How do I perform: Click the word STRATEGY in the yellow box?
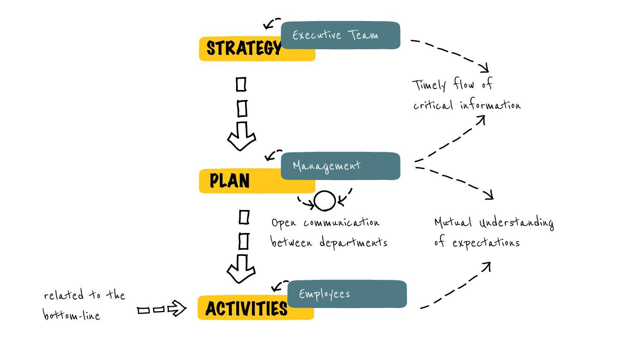(x=244, y=48)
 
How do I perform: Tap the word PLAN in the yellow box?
(x=230, y=180)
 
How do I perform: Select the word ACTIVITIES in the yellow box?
(x=246, y=308)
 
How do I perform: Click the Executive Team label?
(x=335, y=35)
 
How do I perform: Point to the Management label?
(x=327, y=166)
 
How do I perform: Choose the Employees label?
(x=325, y=294)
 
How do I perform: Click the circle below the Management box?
(x=325, y=201)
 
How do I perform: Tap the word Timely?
(x=429, y=85)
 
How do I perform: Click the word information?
(x=490, y=105)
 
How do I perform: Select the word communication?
(x=342, y=222)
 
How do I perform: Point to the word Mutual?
(x=453, y=222)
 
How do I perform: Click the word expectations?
(x=486, y=243)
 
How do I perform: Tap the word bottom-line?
(x=71, y=315)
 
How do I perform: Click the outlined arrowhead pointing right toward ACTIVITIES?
(x=177, y=308)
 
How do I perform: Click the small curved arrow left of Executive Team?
(x=272, y=23)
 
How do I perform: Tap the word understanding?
(x=517, y=223)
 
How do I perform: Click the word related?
(x=64, y=294)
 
